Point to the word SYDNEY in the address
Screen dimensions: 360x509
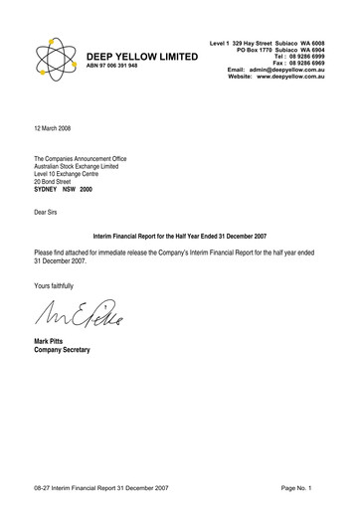(49, 190)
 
